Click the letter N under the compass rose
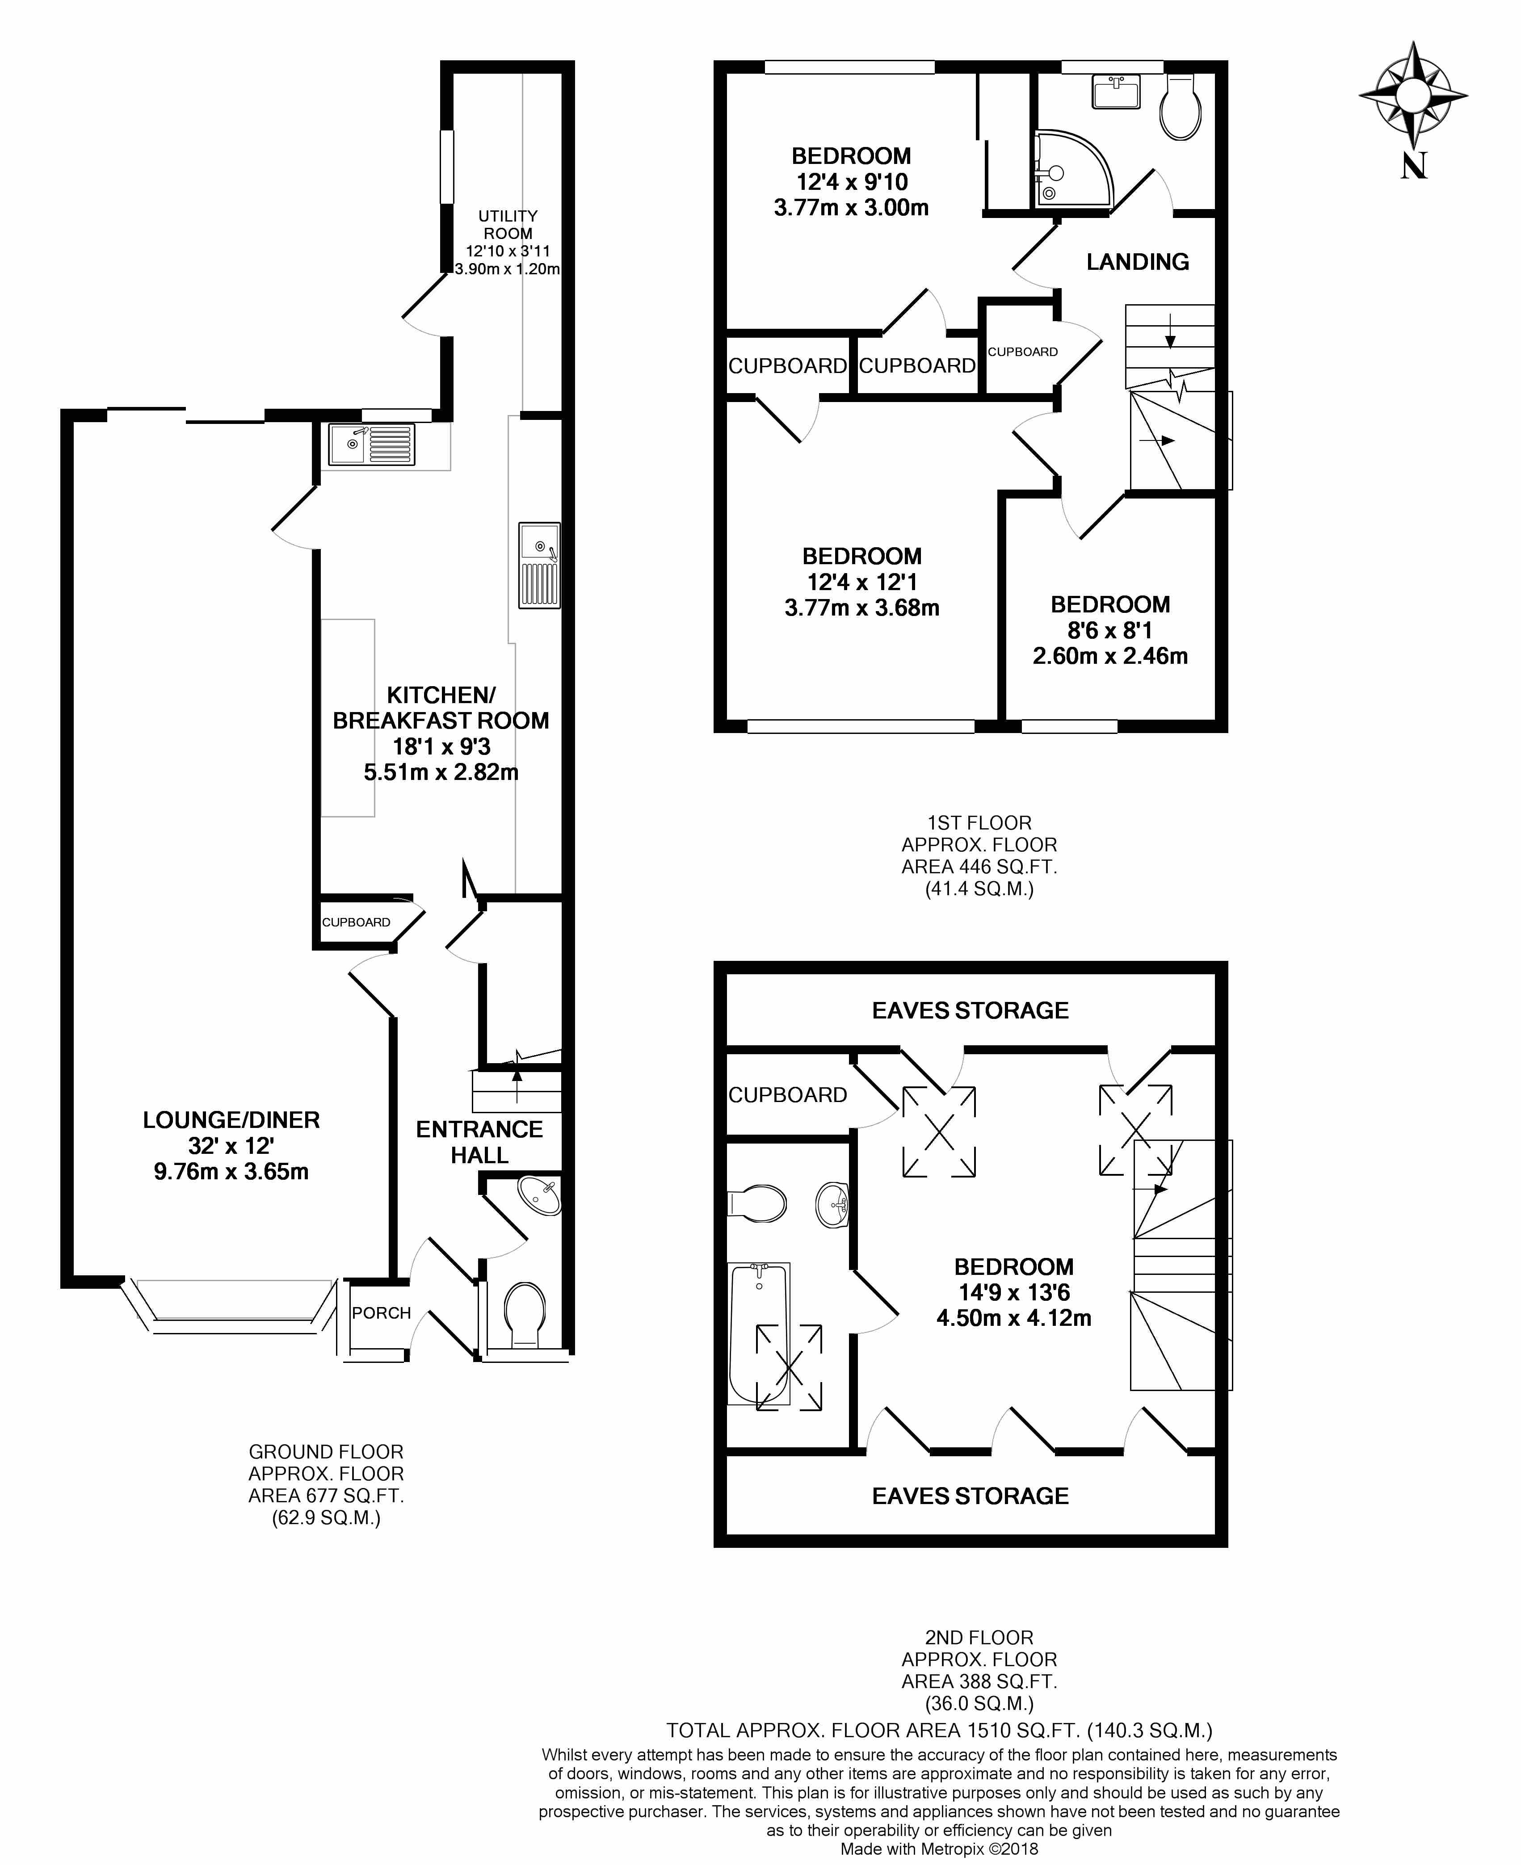[1413, 166]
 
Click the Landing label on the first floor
[1137, 262]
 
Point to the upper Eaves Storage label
[970, 1011]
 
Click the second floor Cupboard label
[788, 1095]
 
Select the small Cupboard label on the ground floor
[356, 922]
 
